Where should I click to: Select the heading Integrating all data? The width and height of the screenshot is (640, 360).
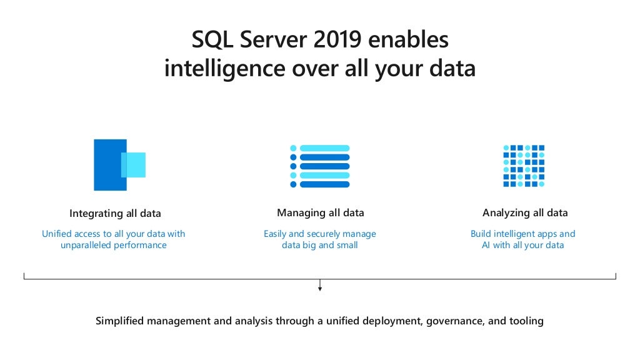point(115,213)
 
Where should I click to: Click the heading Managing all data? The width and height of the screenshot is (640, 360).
point(320,212)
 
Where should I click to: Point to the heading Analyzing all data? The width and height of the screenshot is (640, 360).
point(525,212)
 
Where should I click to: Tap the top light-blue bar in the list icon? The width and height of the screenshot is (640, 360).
point(324,148)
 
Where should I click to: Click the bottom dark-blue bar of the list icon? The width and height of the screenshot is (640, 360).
point(324,184)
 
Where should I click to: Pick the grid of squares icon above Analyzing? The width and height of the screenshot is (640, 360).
point(524,166)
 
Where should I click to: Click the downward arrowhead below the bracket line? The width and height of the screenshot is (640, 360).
point(320,288)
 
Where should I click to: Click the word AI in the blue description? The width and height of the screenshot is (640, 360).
point(487,245)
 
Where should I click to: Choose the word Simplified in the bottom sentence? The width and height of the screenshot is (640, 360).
point(120,321)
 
